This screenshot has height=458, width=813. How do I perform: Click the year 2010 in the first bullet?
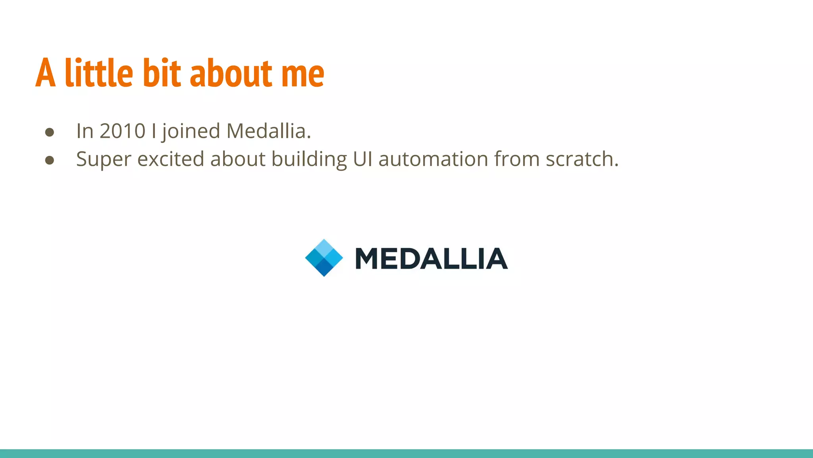pos(122,131)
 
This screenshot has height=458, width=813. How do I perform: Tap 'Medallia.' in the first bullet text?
pos(268,131)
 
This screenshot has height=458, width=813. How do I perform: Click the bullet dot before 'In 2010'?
pos(50,132)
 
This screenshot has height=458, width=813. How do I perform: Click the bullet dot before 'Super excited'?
pos(50,160)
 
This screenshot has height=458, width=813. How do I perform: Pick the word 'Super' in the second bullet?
pos(103,159)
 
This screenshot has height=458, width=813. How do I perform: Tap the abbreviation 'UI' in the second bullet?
pos(362,159)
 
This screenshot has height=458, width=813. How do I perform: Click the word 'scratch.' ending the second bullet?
pos(582,159)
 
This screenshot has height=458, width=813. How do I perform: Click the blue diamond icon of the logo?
pos(324,258)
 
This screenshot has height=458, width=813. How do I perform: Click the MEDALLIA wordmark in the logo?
pos(431,258)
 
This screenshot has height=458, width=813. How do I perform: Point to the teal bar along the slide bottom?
pos(406,454)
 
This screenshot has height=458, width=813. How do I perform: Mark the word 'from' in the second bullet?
pos(517,159)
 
